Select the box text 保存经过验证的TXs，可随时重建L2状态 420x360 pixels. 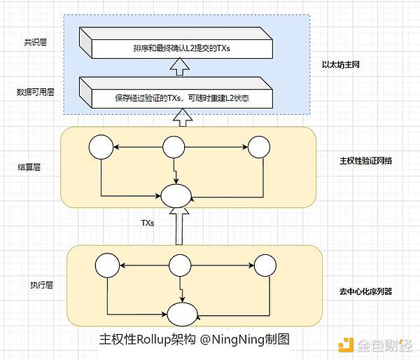click(x=181, y=99)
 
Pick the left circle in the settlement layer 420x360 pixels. click(x=101, y=147)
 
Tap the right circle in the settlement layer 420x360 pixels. click(x=259, y=147)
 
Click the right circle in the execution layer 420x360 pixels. click(x=265, y=265)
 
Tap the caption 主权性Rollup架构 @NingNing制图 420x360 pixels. click(x=195, y=339)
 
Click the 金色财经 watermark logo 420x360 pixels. click(x=375, y=345)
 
